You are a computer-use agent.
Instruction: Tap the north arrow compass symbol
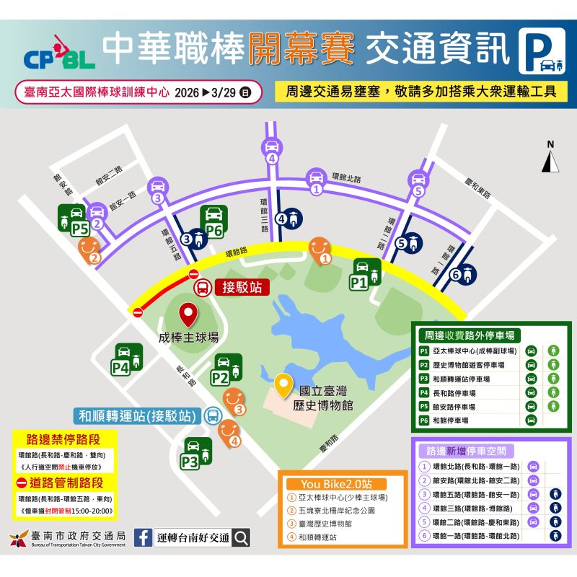(x=551, y=158)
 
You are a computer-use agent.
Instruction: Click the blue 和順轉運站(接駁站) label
(x=137, y=416)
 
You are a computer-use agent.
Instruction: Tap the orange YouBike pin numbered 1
(x=320, y=250)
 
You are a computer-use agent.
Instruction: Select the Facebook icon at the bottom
(x=143, y=537)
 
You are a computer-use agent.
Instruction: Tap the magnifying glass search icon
(x=242, y=537)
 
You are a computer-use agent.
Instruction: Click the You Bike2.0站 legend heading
(x=334, y=484)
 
